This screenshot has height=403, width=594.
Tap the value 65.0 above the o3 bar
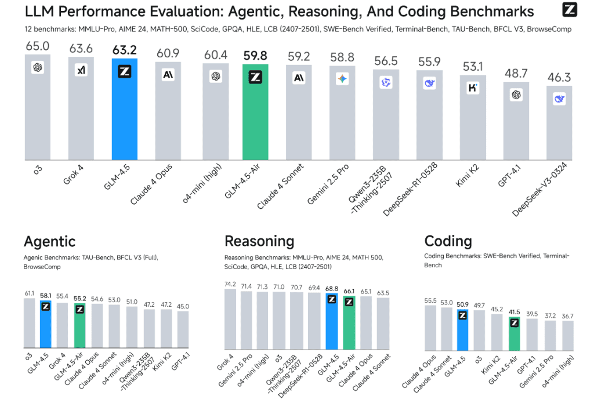38,45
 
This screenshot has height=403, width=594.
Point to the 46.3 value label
559,76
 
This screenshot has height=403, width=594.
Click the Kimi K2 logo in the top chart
473,88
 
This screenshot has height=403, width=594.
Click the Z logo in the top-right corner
570,9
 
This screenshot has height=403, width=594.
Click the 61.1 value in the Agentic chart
29,294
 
